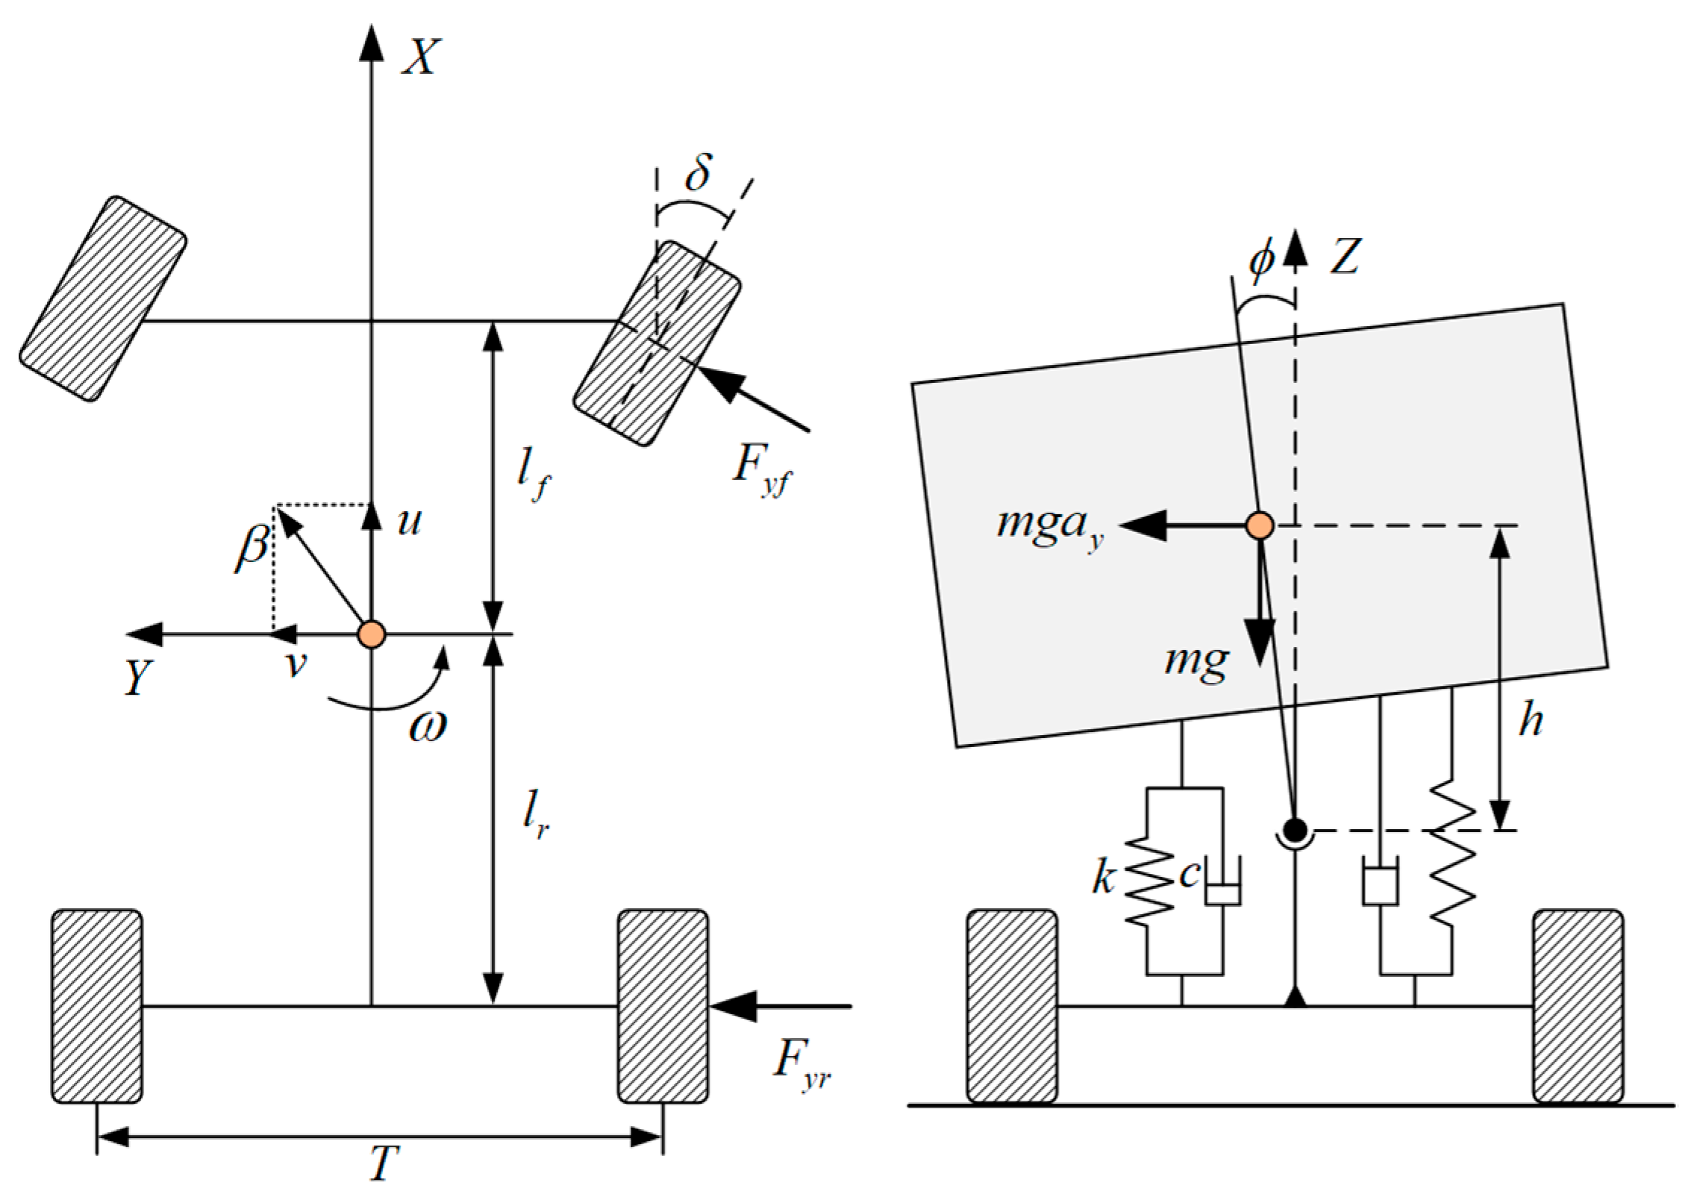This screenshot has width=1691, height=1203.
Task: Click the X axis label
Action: (422, 57)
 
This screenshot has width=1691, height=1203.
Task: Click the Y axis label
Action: (139, 678)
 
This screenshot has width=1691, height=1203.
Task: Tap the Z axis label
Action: (1346, 257)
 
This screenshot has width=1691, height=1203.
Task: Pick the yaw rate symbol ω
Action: (428, 726)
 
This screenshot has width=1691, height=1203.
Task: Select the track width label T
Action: (385, 1163)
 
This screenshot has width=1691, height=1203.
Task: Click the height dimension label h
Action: (1531, 721)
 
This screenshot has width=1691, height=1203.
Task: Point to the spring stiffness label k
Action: (1104, 878)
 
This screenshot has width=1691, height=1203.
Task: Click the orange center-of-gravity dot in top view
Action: (372, 634)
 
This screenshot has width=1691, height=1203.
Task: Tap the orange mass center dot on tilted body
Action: (1260, 525)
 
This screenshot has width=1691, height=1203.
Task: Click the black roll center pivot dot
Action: (1295, 829)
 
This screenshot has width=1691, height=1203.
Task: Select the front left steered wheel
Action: (103, 299)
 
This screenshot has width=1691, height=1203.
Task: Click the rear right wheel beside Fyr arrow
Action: (663, 1005)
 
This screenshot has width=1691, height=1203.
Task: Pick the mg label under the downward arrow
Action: (1196, 660)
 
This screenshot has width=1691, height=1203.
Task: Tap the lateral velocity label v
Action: (297, 663)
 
